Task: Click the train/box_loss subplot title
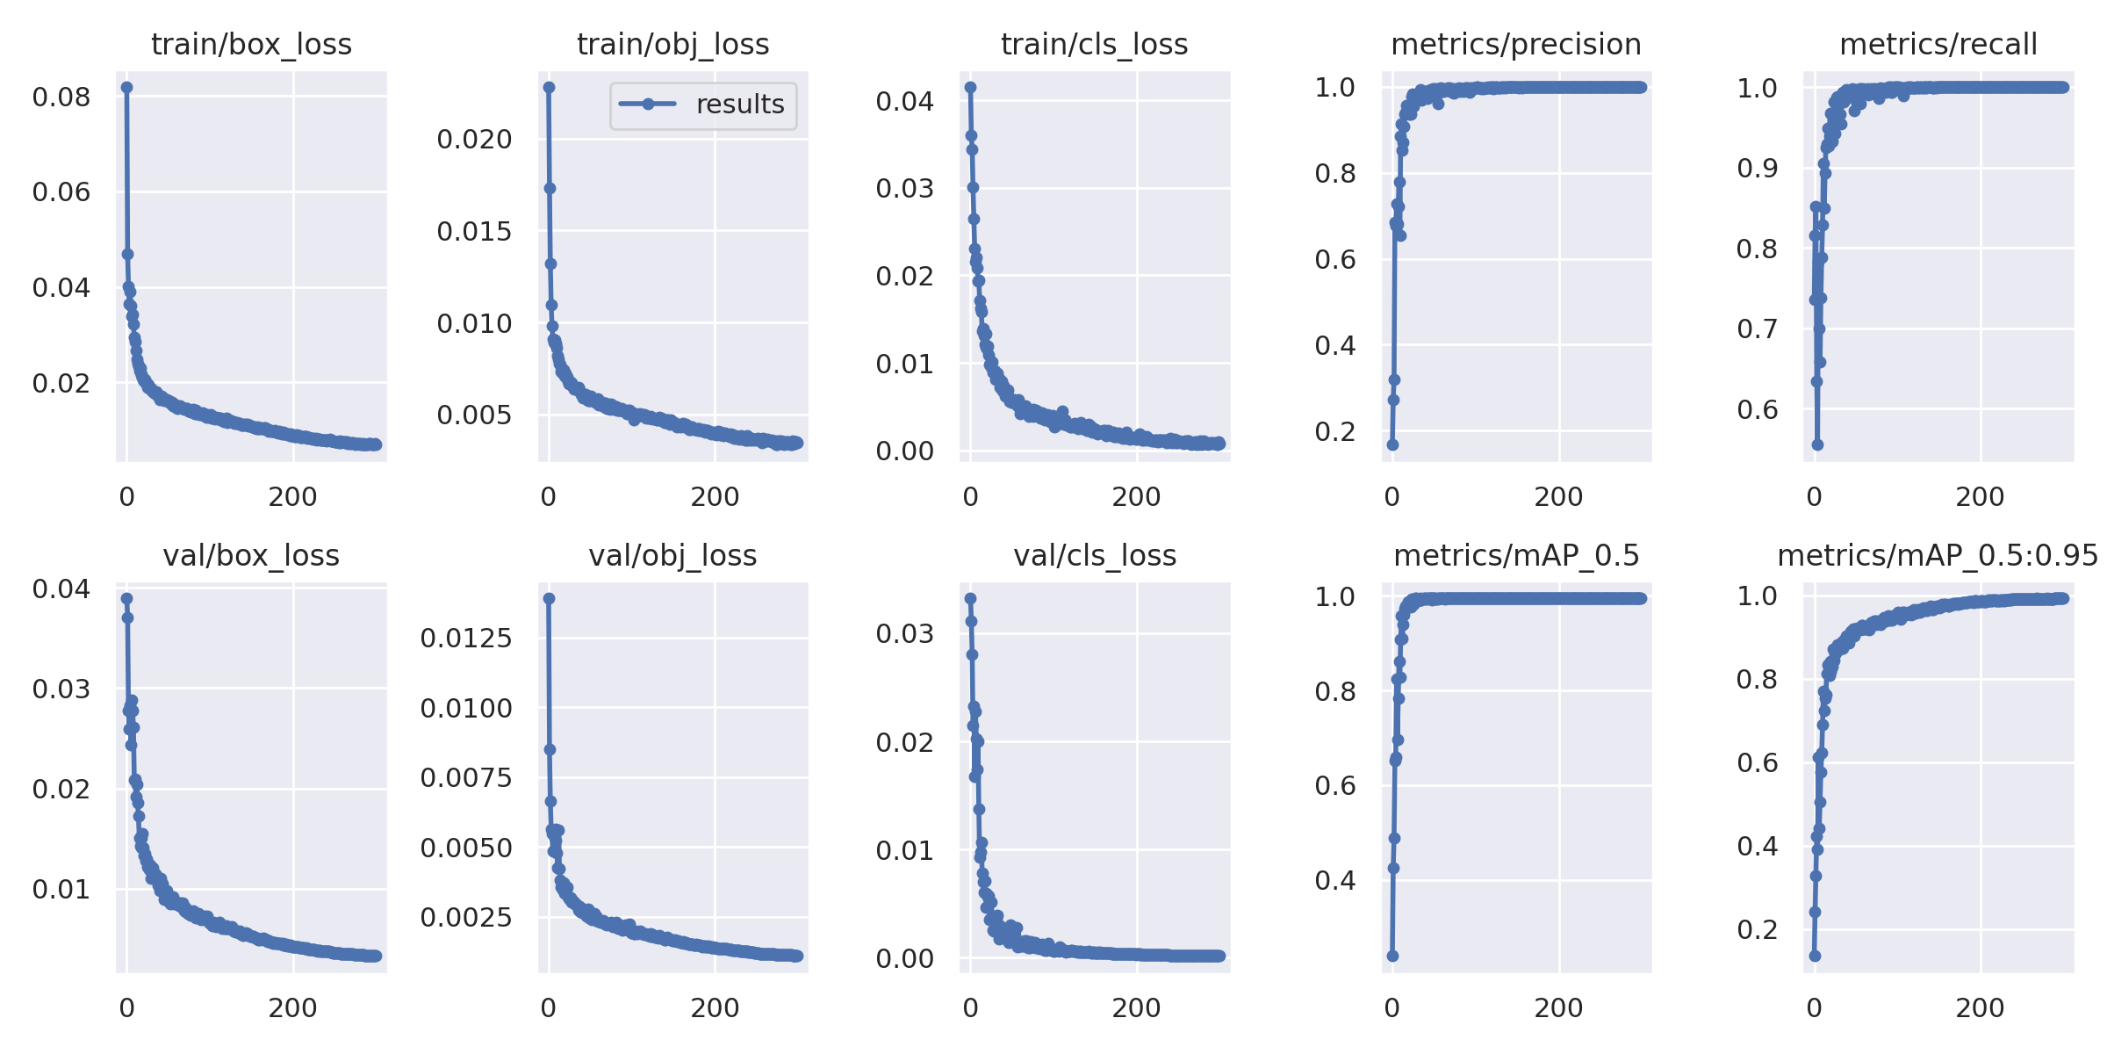[x=251, y=44]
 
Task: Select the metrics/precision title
[x=1516, y=44]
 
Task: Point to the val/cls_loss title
[x=1095, y=555]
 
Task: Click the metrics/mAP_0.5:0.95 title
[x=1938, y=555]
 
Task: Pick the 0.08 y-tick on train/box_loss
[x=61, y=97]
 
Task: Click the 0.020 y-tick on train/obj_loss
[x=474, y=139]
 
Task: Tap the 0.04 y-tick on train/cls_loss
[x=904, y=101]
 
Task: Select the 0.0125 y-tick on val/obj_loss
[x=465, y=638]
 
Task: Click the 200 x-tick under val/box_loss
[x=293, y=1008]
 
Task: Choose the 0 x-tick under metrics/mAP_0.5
[x=1391, y=1008]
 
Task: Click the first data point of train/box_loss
[x=126, y=87]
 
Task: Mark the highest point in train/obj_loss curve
[x=549, y=87]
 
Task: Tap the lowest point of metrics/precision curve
[x=1392, y=444]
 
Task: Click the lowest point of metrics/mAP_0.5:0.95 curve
[x=1815, y=956]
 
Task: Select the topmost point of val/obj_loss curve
[x=549, y=598]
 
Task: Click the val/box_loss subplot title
[x=251, y=555]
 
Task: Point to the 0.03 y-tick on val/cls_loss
[x=904, y=633]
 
